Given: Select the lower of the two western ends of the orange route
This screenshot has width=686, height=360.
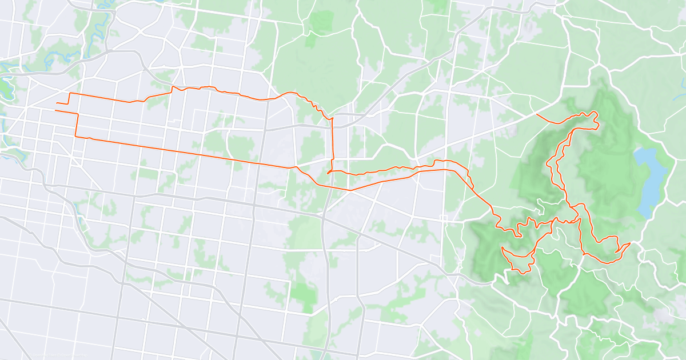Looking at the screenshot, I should (x=55, y=110).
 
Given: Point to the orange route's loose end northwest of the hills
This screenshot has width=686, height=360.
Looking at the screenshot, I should (x=537, y=114).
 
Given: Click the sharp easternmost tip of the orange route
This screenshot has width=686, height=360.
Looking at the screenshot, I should (x=629, y=244).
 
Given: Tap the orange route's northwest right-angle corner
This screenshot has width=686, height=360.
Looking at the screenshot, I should (x=70, y=93).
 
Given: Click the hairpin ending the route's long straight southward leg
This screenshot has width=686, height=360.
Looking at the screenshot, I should (x=328, y=173).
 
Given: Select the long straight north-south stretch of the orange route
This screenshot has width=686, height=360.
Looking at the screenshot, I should (x=332, y=143).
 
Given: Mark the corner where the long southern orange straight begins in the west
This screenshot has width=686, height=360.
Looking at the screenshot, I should (x=76, y=136).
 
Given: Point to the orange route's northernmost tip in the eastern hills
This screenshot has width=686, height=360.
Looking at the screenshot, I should (x=595, y=111).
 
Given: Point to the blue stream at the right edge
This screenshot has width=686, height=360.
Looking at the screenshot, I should (x=683, y=86).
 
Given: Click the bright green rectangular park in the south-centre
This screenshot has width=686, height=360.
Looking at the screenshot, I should (x=303, y=291).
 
